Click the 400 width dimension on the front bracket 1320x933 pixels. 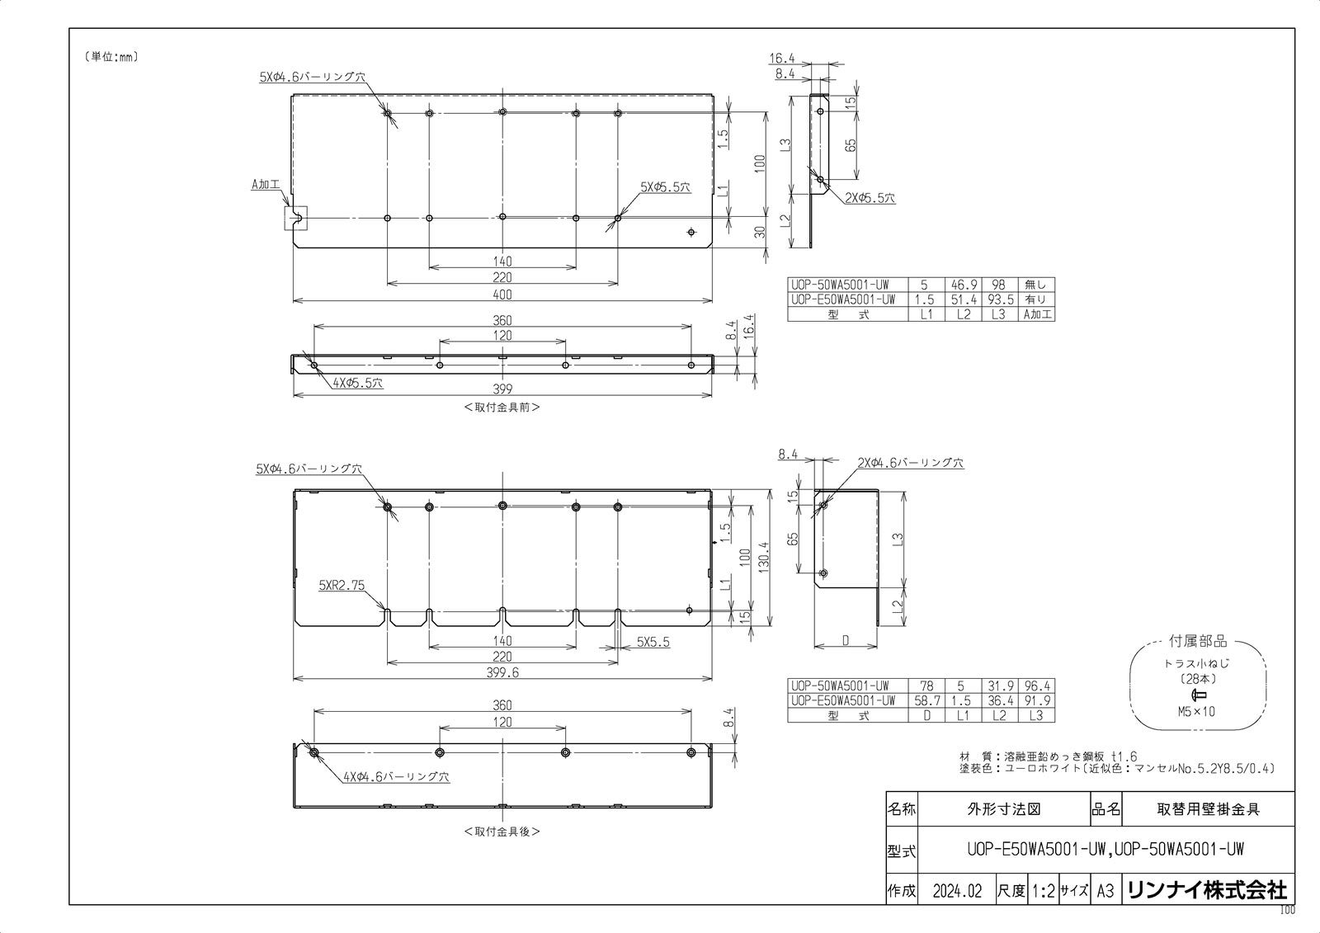pos(502,295)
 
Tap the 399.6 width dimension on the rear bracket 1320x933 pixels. pos(502,673)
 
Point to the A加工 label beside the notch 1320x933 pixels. pos(266,185)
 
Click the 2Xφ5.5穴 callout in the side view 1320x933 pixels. pos(870,198)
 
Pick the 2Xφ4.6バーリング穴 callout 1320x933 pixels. pos(910,464)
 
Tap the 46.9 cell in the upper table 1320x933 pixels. pos(963,285)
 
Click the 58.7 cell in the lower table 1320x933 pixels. pos(927,700)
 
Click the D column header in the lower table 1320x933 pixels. pos(927,715)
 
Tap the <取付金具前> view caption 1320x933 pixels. pos(502,407)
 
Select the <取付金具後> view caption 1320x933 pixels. pos(502,832)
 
